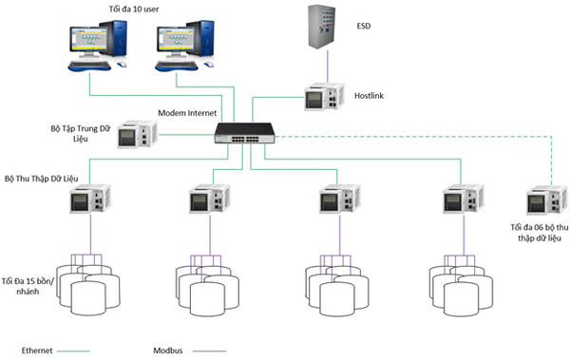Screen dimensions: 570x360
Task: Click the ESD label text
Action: pyautogui.click(x=364, y=26)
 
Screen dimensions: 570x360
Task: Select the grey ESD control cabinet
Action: pyautogui.click(x=322, y=27)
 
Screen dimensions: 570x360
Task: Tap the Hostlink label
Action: pyautogui.click(x=369, y=96)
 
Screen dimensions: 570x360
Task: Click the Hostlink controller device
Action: pyautogui.click(x=324, y=97)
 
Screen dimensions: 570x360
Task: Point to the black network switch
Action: pyautogui.click(x=244, y=133)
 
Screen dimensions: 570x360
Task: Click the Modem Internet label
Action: pyautogui.click(x=187, y=113)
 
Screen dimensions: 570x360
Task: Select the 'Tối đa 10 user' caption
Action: pyautogui.click(x=134, y=9)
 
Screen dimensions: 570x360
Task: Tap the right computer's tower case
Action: pyautogui.click(x=200, y=38)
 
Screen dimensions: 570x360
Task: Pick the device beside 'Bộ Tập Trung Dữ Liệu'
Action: pyautogui.click(x=138, y=134)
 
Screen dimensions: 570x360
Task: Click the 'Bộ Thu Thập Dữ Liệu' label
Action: pyautogui.click(x=41, y=179)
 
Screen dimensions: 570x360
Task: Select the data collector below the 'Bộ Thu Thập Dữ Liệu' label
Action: pyautogui.click(x=90, y=199)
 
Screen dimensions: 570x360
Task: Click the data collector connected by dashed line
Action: pyautogui.click(x=547, y=200)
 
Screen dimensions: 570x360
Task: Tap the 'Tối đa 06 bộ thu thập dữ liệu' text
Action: pyautogui.click(x=539, y=233)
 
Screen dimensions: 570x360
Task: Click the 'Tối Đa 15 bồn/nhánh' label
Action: pyautogui.click(x=28, y=286)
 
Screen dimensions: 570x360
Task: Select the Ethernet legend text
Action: pyautogui.click(x=37, y=351)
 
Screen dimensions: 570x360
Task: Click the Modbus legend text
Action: pyautogui.click(x=168, y=351)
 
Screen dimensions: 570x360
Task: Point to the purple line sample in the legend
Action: pyautogui.click(x=209, y=351)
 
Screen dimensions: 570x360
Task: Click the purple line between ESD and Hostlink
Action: pyautogui.click(x=327, y=66)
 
